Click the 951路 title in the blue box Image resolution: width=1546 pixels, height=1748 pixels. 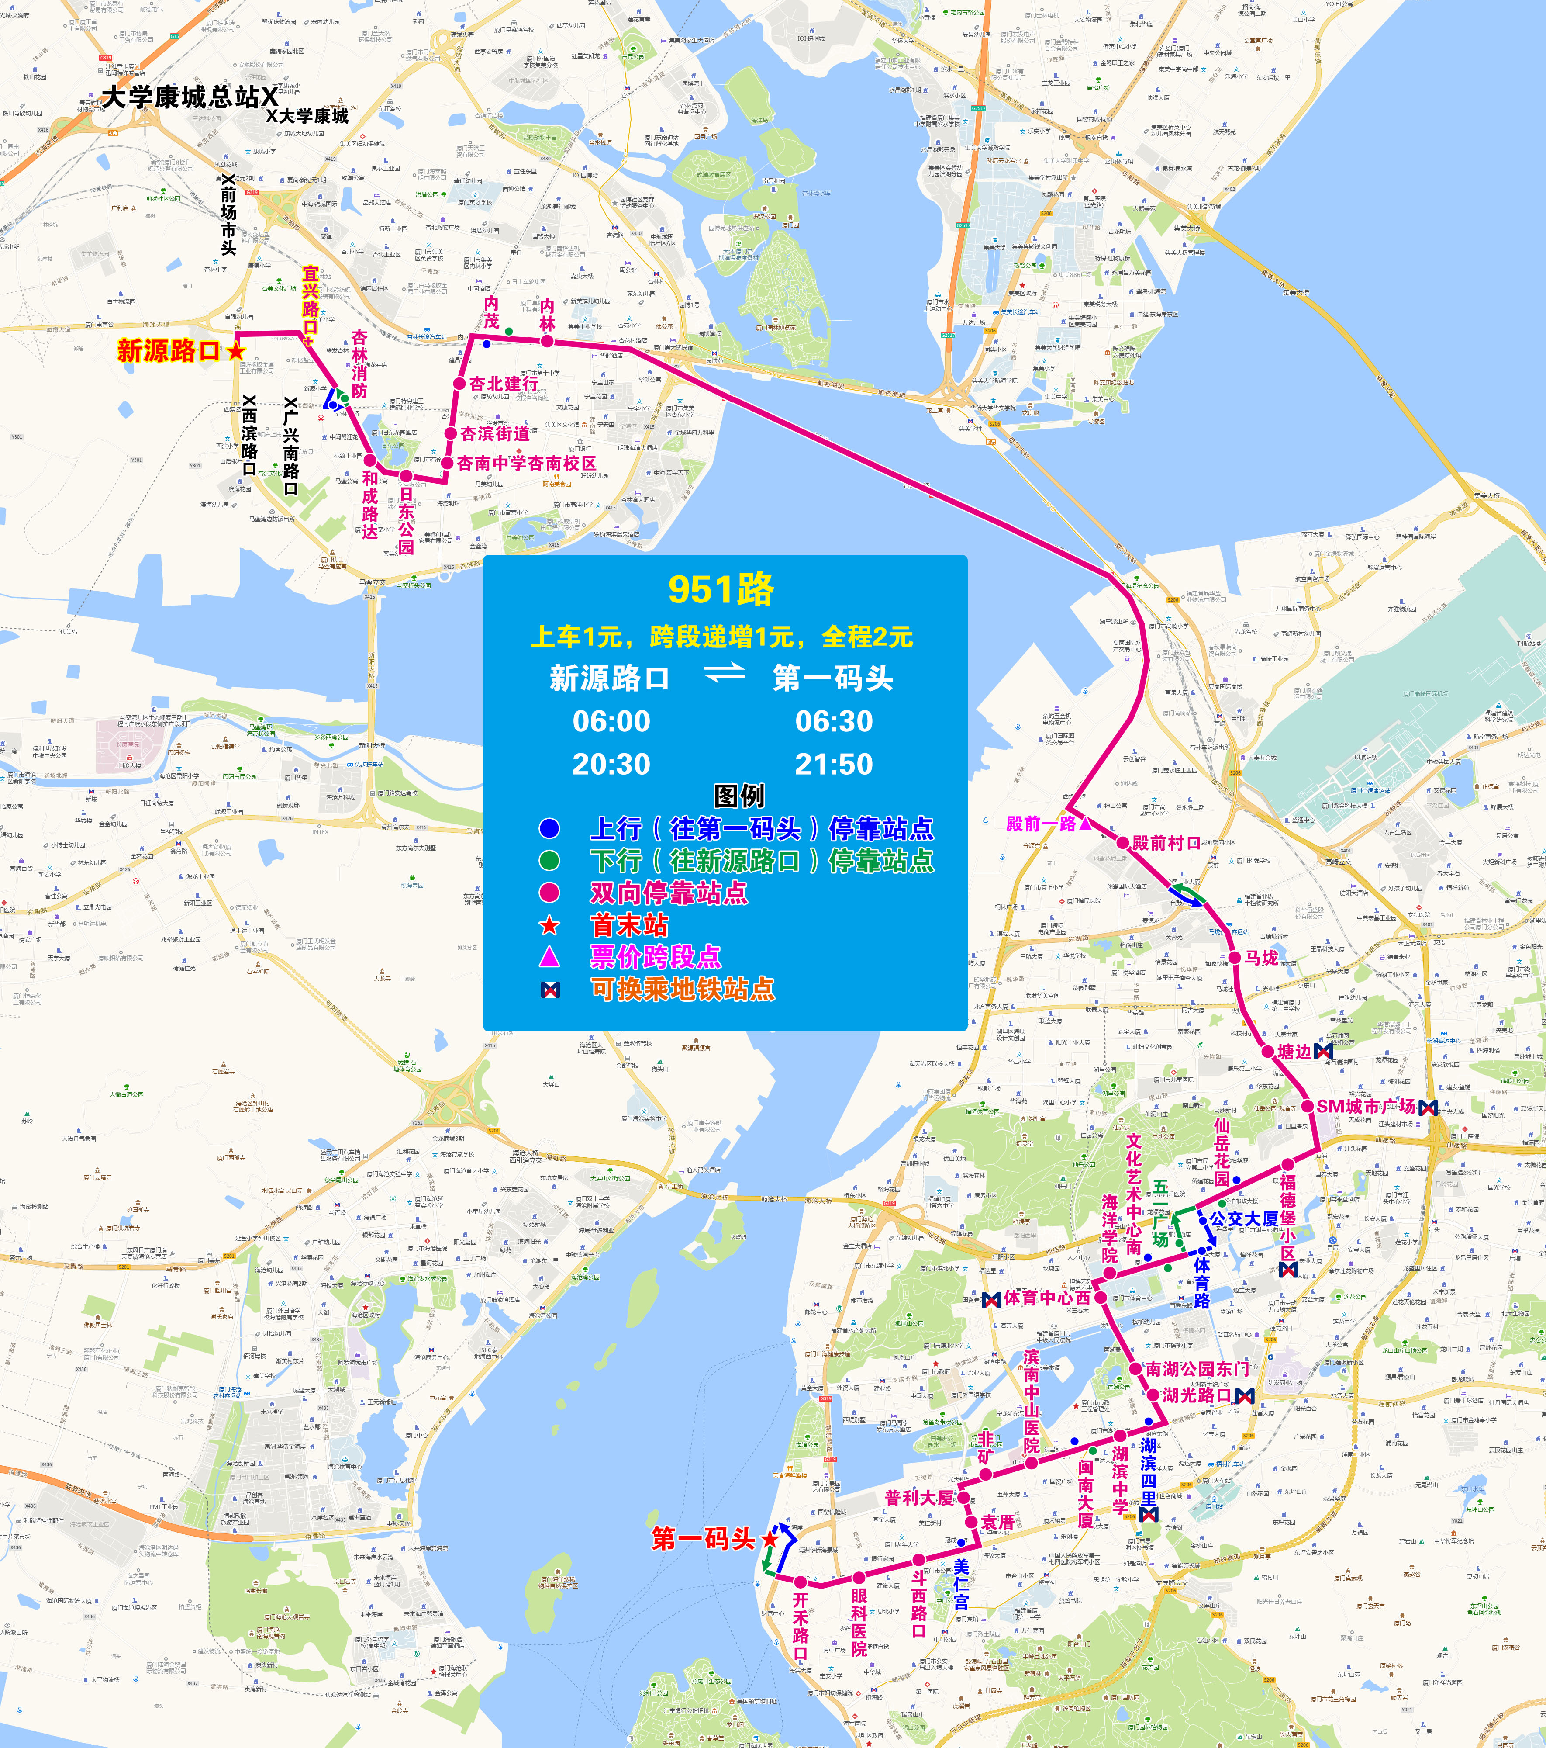pyautogui.click(x=721, y=589)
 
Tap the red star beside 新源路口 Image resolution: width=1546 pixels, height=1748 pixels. pyautogui.click(x=235, y=351)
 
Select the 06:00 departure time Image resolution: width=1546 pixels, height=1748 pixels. pyautogui.click(x=611, y=721)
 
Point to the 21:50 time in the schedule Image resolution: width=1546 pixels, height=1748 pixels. pyautogui.click(x=834, y=764)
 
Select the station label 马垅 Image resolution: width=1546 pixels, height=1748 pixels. pyautogui.click(x=1261, y=958)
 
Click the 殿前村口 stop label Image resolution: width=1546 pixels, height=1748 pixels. pyautogui.click(x=1166, y=843)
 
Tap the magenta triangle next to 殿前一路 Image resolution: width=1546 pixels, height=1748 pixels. pyautogui.click(x=1085, y=824)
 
